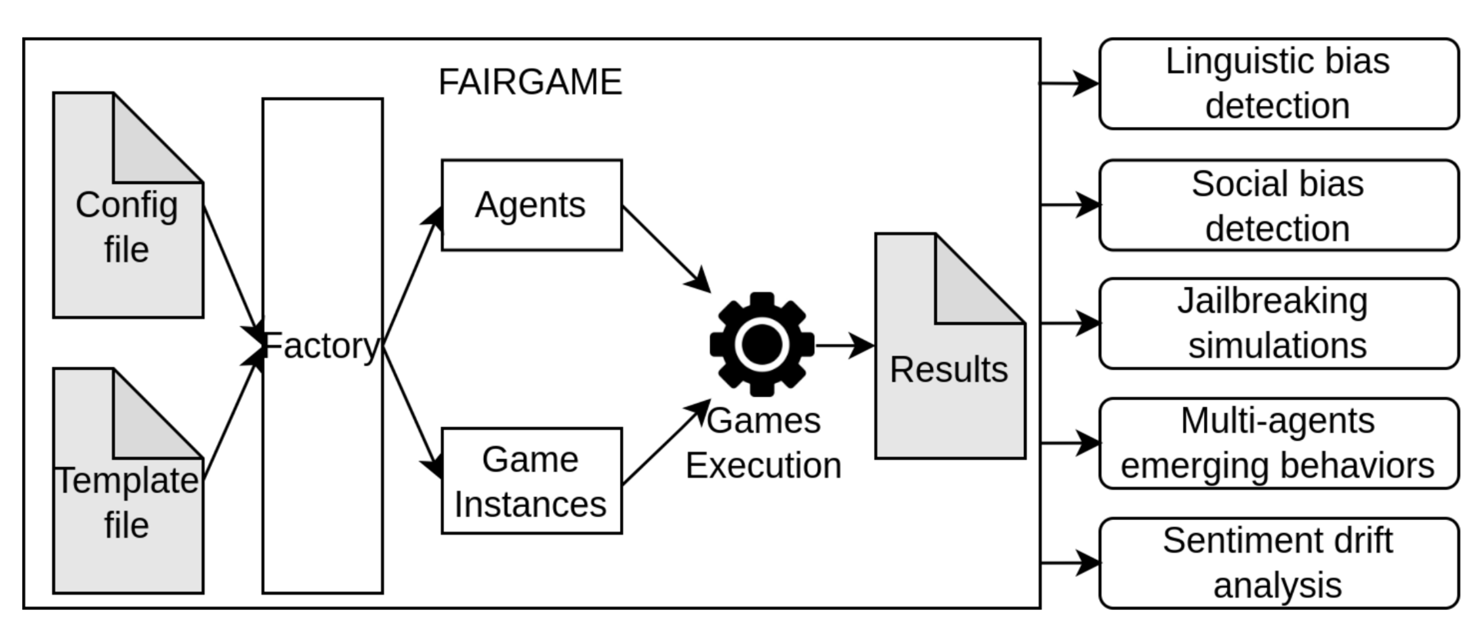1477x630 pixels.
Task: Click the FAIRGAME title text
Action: (530, 82)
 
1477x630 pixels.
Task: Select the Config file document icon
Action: (127, 231)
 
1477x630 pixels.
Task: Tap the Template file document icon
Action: (127, 508)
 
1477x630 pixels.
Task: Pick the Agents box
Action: (532, 205)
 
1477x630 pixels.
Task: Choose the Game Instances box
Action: (532, 482)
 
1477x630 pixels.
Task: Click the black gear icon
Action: (762, 344)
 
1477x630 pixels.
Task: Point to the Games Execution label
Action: (763, 444)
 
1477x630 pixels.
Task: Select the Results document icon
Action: (949, 385)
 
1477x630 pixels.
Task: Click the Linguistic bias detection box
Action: (1279, 84)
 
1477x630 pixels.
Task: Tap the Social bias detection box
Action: (1279, 205)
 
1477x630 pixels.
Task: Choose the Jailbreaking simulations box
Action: (1279, 324)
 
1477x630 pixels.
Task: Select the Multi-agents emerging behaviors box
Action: (1279, 444)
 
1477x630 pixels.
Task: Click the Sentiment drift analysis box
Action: (1279, 563)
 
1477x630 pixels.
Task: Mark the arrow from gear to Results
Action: (844, 345)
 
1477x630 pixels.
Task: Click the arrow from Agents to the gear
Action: (665, 248)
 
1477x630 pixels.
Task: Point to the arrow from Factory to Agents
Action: (412, 277)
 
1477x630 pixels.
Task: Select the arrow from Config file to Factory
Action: (231, 265)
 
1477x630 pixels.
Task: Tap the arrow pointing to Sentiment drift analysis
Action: (1069, 563)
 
